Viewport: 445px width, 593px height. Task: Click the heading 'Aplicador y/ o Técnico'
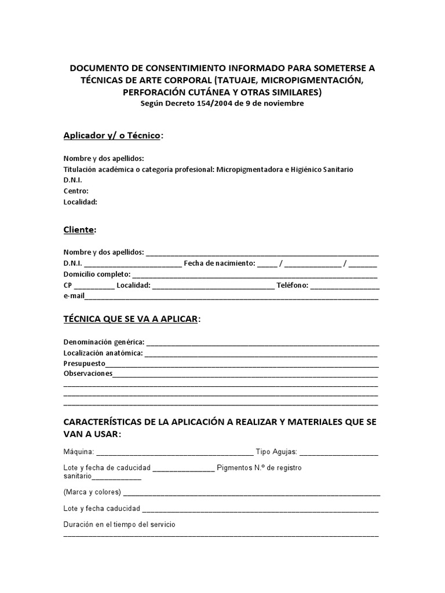113,136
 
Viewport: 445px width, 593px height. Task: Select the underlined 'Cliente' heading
79,230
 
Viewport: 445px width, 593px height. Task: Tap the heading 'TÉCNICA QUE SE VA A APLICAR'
130,319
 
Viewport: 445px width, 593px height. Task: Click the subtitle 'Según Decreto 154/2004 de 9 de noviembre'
222,104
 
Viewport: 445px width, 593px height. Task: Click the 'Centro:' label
76,191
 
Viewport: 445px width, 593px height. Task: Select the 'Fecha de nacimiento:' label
219,263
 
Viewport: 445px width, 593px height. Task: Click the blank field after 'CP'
94,285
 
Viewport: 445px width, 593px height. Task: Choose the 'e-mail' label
74,296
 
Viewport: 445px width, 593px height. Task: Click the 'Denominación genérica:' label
104,342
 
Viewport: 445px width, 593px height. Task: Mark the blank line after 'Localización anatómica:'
261,353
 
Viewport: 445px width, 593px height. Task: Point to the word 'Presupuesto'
85,363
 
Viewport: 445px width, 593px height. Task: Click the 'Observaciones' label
87,374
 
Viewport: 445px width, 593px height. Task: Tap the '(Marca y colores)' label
92,492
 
